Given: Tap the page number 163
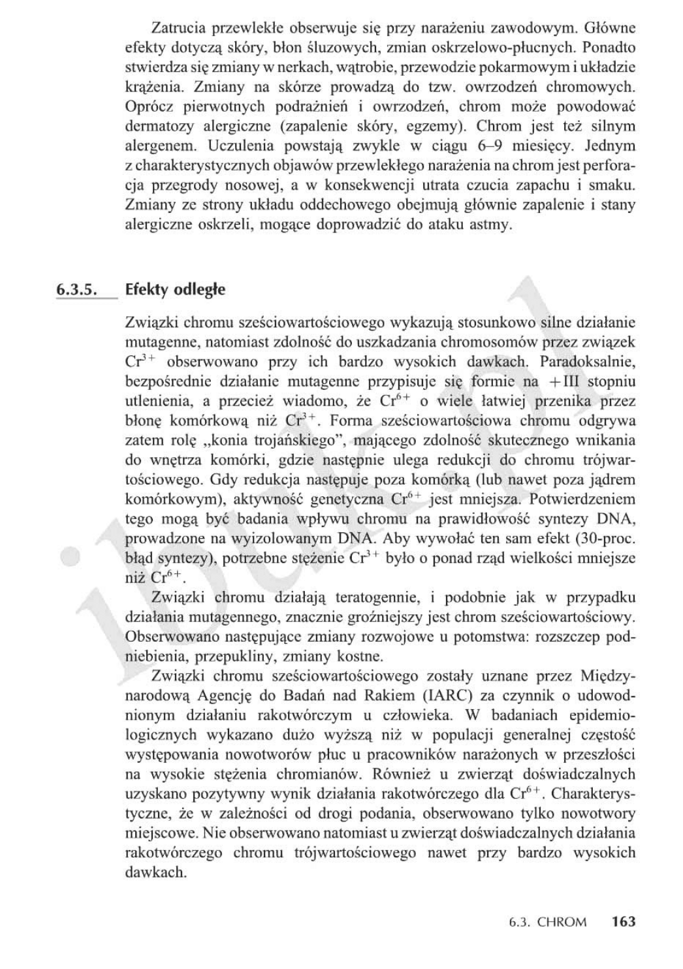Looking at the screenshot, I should click(624, 921).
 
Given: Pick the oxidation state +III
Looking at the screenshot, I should click(569, 381).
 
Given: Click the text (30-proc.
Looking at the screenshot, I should click(597, 539).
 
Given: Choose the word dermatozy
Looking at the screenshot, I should click(157, 126).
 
